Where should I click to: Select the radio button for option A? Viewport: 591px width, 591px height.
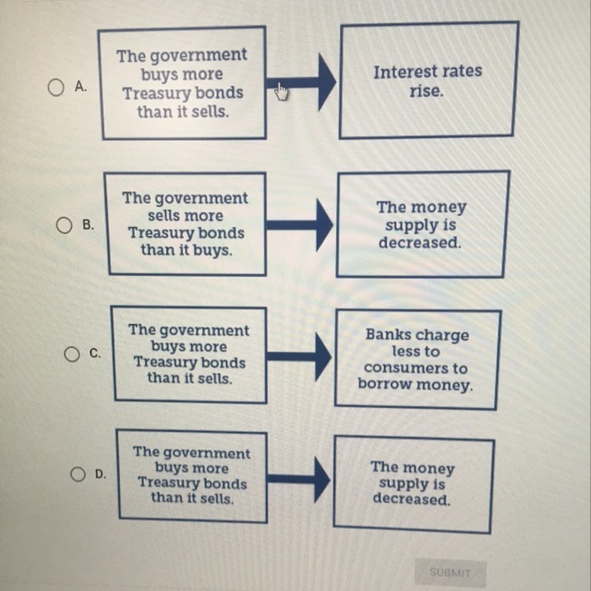pyautogui.click(x=55, y=88)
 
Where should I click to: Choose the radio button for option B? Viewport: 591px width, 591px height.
pyautogui.click(x=65, y=224)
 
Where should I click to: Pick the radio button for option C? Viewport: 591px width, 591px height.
pyautogui.click(x=71, y=354)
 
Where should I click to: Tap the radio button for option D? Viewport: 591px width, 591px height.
pyautogui.click(x=78, y=474)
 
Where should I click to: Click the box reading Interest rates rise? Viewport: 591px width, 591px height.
pyautogui.click(x=428, y=81)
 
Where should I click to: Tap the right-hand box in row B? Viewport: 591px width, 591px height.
pyautogui.click(x=422, y=224)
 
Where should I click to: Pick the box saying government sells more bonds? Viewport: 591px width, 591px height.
pyautogui.click(x=185, y=223)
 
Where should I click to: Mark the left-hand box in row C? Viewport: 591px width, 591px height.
pyautogui.click(x=187, y=355)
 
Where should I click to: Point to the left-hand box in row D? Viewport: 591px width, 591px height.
pyautogui.click(x=191, y=475)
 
